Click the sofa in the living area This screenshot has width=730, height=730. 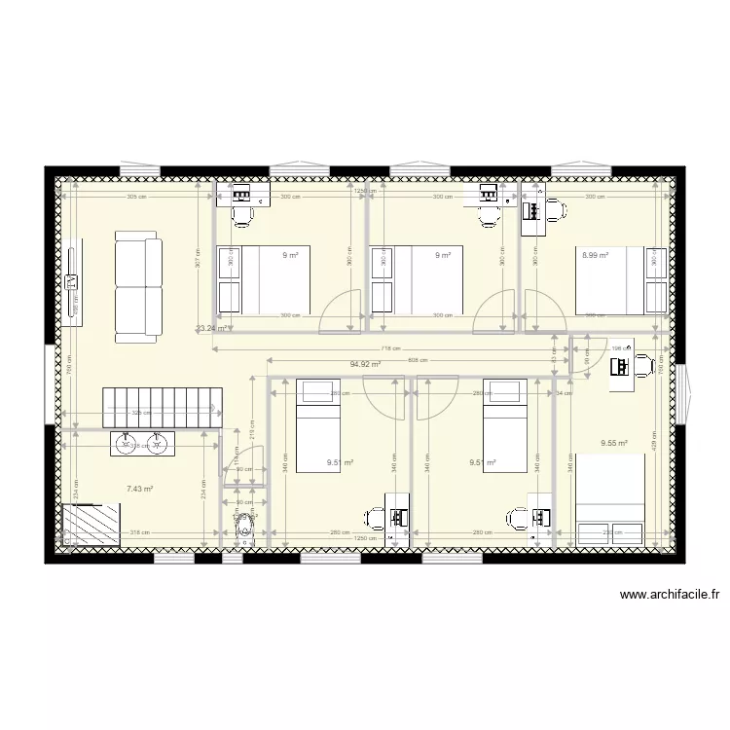(x=138, y=287)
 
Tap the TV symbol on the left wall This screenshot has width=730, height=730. (x=72, y=282)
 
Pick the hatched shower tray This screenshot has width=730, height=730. (x=91, y=527)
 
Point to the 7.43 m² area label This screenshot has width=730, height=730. (x=140, y=490)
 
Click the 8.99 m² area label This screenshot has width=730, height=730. (x=595, y=256)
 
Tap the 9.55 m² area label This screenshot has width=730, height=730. (x=614, y=443)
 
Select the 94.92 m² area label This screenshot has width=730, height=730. (x=365, y=365)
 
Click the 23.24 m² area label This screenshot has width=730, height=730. (x=210, y=329)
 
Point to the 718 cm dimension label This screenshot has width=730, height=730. (x=389, y=348)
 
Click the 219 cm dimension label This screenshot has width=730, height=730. (x=251, y=425)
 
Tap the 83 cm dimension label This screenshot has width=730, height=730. (x=553, y=360)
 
